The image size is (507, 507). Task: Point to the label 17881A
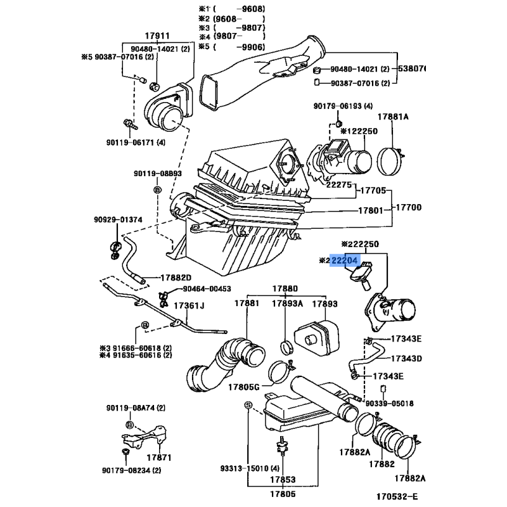(x=394, y=117)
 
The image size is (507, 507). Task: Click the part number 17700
(x=409, y=208)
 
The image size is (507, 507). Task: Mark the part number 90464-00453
(x=207, y=289)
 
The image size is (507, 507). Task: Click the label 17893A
(x=288, y=304)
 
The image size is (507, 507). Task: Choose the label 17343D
(x=406, y=359)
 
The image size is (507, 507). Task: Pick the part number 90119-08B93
(x=157, y=174)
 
